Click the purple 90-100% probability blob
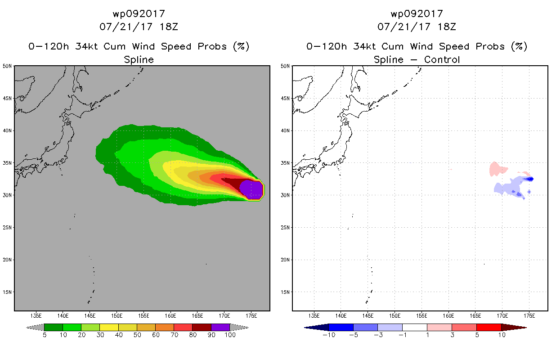[x=251, y=190]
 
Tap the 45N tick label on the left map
[x=7, y=99]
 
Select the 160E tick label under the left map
[x=170, y=316]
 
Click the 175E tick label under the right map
[x=529, y=316]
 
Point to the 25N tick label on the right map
[x=285, y=228]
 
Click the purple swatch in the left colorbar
[x=220, y=327]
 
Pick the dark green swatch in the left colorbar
[x=54, y=327]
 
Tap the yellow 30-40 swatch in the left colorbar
[x=109, y=327]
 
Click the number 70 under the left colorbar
[x=174, y=335]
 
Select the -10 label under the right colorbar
[x=329, y=335]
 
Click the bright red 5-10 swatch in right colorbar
[x=489, y=327]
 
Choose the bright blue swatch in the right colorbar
[x=341, y=327]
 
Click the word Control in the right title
[x=442, y=60]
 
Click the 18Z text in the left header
[x=169, y=27]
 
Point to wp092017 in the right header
[x=417, y=14]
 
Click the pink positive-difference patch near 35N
[x=498, y=169]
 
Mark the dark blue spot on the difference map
[x=529, y=179]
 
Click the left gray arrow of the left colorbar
[x=35, y=327]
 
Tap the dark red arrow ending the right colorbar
[x=514, y=328]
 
